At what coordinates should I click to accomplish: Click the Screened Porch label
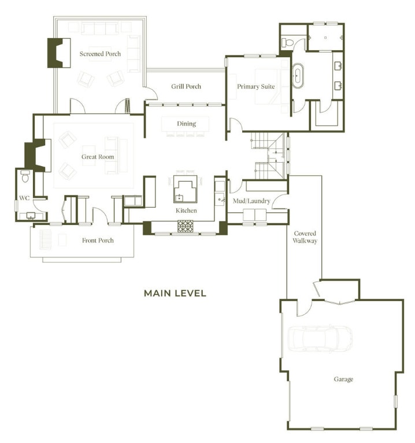pos(100,54)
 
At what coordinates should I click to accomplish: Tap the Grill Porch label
pos(186,87)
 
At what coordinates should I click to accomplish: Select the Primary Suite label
pos(255,87)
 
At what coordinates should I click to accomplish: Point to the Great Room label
pos(98,157)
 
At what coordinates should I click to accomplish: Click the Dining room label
pos(187,123)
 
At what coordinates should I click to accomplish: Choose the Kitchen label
pos(186,211)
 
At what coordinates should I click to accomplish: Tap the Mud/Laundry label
pos(251,201)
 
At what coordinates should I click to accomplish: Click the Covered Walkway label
pos(305,237)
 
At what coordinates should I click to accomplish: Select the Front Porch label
pos(98,241)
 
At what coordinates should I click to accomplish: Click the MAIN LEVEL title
pos(175,293)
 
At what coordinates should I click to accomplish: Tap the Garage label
pos(343,379)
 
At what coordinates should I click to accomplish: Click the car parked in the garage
pos(320,339)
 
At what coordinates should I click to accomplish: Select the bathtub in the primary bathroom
pos(299,76)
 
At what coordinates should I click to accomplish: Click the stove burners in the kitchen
pos(186,226)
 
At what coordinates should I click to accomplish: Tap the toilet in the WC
pos(25,175)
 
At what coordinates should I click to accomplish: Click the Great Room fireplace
pos(35,154)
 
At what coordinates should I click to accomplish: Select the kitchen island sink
pos(180,196)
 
